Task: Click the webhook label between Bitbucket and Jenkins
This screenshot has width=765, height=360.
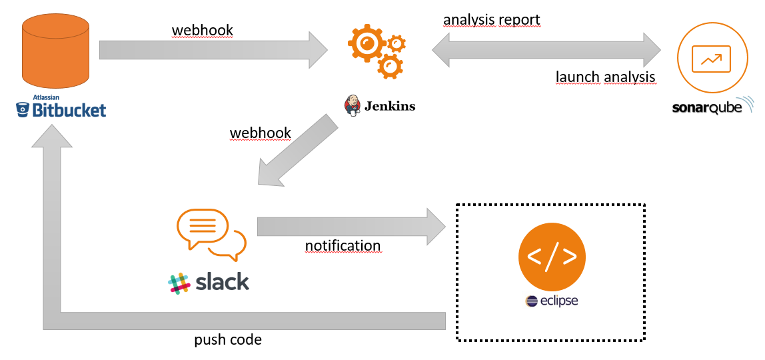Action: coord(203,31)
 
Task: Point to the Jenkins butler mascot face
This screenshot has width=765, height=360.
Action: coord(351,105)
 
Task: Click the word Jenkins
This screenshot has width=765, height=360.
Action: coord(389,105)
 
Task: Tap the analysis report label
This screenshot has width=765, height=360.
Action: coord(492,20)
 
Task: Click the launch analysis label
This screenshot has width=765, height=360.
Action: coord(605,77)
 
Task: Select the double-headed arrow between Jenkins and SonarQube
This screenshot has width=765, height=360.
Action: coord(546,50)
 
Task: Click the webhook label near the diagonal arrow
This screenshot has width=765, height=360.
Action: coord(260,133)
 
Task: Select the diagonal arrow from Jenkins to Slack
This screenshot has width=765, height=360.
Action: coord(296,151)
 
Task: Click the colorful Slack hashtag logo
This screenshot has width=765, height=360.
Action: coord(179,283)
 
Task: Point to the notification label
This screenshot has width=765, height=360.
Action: coord(343,245)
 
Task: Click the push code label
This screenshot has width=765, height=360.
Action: coord(228,340)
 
